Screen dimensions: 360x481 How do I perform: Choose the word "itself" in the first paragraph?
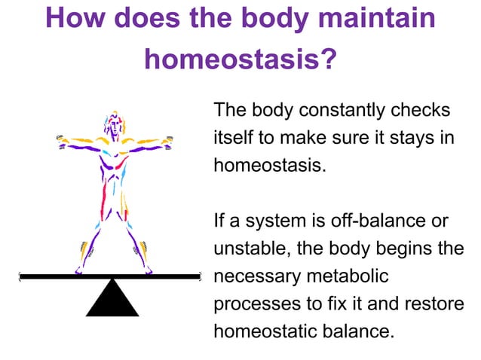click(233, 138)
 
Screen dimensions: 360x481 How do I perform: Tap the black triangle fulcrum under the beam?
click(112, 299)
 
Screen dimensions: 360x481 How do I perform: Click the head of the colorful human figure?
click(114, 125)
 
